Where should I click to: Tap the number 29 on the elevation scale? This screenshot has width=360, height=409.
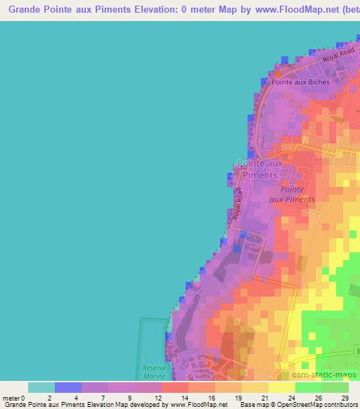[344, 397]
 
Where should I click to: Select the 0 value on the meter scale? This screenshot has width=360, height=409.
[22, 397]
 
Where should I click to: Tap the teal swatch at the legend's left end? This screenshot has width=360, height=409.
[41, 387]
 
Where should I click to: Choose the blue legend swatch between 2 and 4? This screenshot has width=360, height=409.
[68, 387]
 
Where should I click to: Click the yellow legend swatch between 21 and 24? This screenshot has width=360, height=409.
[282, 387]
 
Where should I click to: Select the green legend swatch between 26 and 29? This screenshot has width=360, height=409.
[335, 387]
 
